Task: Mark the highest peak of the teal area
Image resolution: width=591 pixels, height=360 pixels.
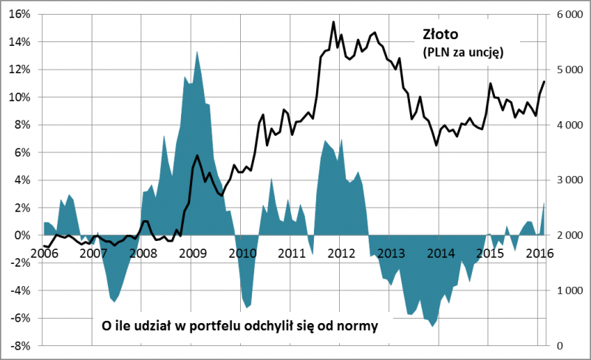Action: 197,51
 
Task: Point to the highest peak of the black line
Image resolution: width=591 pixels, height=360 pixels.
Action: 333,22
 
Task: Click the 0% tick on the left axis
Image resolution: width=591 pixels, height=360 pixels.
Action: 23,235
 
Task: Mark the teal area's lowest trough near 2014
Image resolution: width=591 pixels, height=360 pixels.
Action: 433,326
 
